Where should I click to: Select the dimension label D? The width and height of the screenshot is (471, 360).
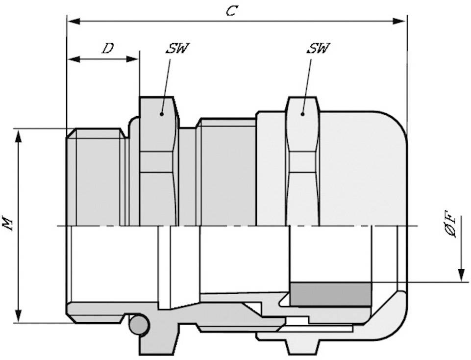(x=107, y=48)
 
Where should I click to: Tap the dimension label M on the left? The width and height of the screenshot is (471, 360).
(x=7, y=224)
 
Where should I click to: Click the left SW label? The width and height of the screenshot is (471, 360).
(x=177, y=49)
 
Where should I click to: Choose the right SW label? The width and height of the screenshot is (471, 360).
(x=318, y=48)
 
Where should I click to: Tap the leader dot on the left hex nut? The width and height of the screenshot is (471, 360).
(x=161, y=113)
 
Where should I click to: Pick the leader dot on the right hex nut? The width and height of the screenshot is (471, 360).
(x=302, y=114)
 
